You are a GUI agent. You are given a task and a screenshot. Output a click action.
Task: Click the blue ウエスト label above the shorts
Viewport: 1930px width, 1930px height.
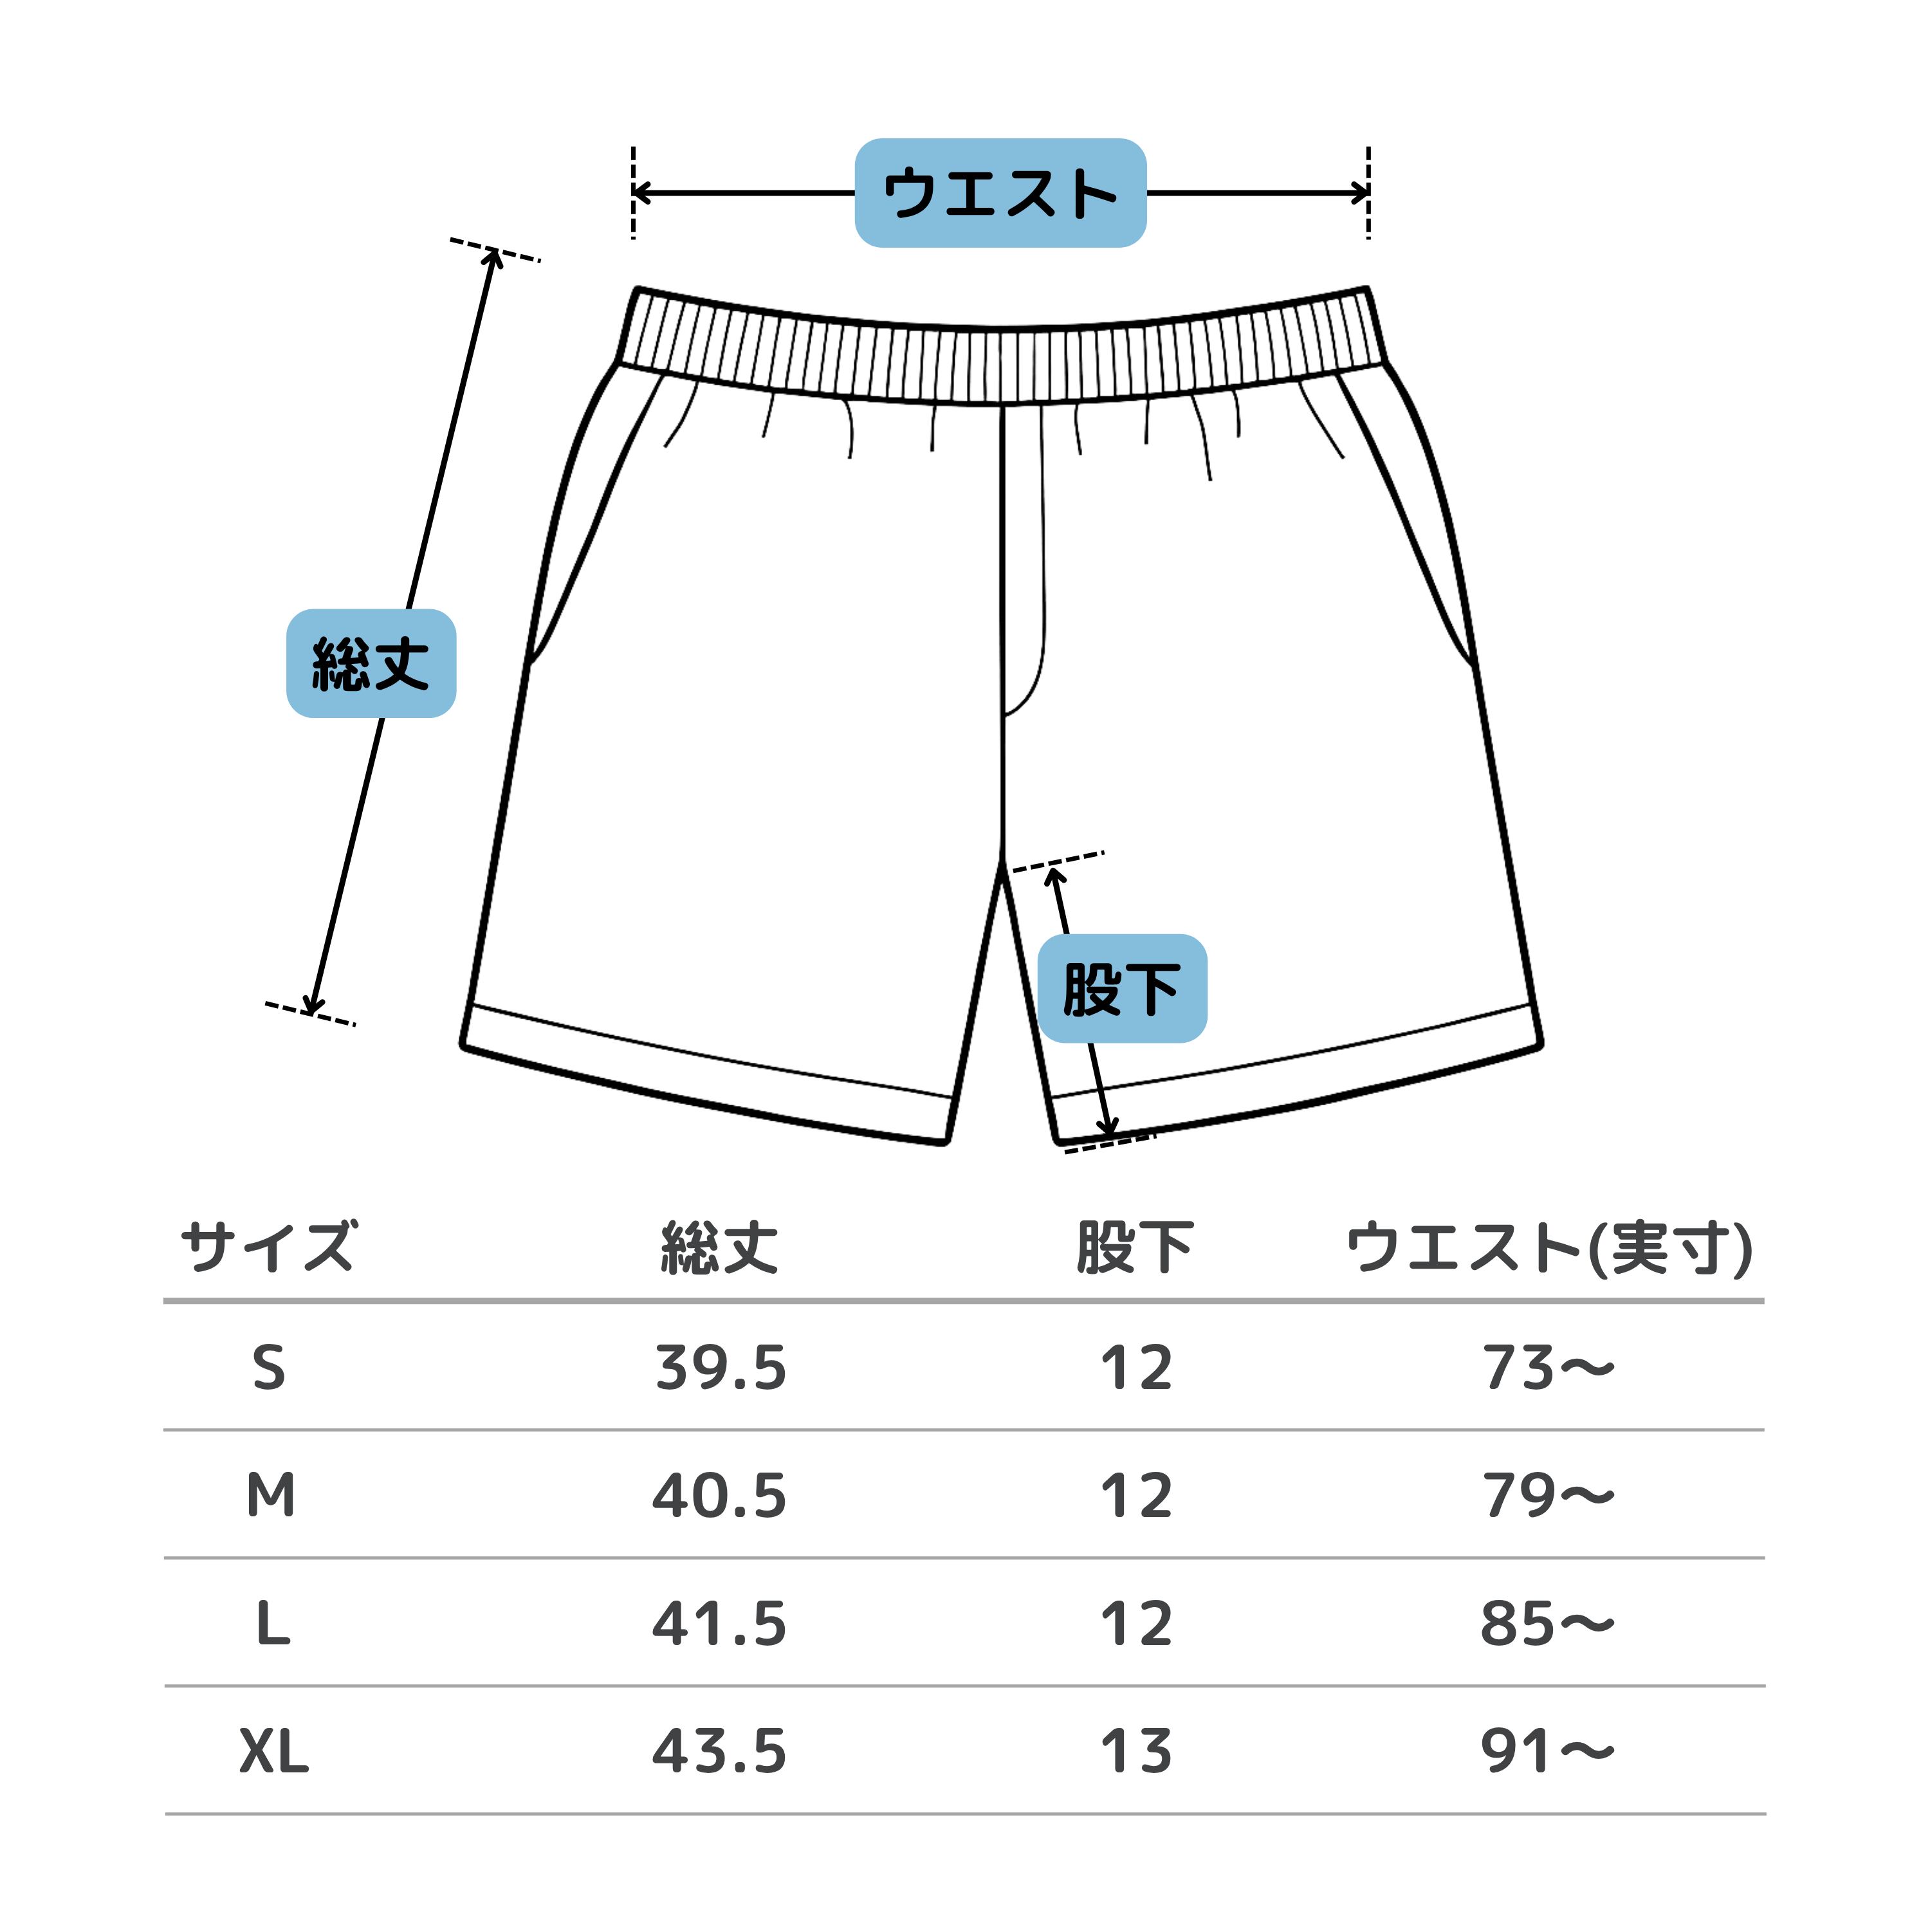[1000, 193]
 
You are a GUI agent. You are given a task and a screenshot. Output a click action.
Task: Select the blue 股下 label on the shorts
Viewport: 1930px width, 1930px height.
[1122, 988]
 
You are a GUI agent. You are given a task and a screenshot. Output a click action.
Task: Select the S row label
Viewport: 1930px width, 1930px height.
[269, 1368]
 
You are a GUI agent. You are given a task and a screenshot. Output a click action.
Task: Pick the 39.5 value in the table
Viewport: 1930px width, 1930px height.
[721, 1368]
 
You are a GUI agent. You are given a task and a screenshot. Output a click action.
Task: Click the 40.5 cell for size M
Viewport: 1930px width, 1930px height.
[719, 1496]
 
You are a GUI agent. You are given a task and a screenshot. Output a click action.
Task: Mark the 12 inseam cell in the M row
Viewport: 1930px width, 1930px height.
[1136, 1496]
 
